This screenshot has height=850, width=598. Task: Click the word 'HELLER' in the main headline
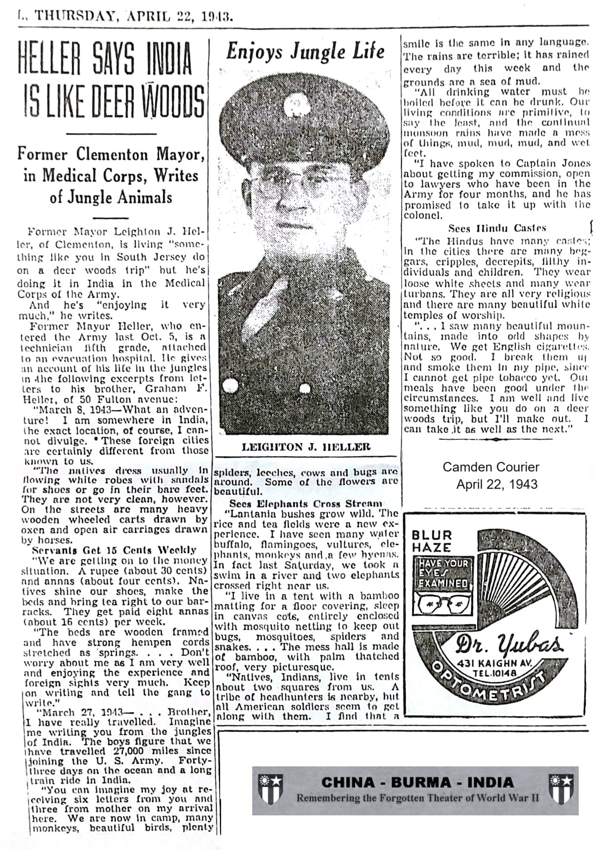[49, 58]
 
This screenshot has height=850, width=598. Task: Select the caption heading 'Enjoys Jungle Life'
[305, 51]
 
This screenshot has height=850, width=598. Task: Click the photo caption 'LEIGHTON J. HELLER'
[306, 447]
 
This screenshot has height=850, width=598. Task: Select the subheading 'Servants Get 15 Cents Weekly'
[114, 550]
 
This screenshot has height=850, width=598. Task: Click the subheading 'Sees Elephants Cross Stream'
[306, 504]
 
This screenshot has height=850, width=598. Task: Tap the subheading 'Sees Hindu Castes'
[497, 228]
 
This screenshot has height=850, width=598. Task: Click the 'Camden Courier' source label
[491, 467]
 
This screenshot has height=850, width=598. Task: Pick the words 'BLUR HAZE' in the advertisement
[432, 541]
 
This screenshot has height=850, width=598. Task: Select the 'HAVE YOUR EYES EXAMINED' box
[443, 574]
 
